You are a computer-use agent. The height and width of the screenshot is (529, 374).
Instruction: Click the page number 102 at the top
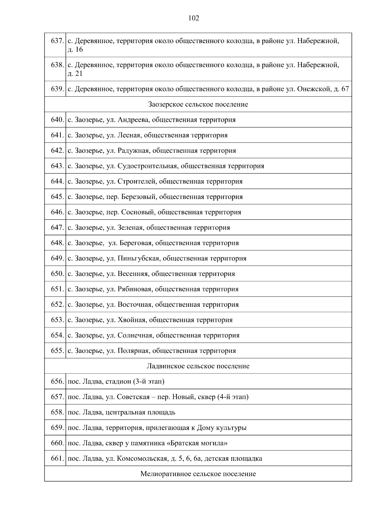pos(194,18)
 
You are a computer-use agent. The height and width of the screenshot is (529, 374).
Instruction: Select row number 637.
pos(57,41)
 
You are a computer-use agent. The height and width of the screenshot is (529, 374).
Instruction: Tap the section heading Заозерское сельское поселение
pos(198,104)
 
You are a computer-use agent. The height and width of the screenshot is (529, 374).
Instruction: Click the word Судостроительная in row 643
pos(147,166)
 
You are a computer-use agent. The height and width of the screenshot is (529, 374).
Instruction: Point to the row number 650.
pos(57,274)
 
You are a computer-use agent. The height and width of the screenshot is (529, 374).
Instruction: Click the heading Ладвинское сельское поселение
pos(198,366)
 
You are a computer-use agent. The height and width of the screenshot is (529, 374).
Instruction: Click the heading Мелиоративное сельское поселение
pos(198,474)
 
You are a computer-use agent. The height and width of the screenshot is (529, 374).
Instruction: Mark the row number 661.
pos(57,459)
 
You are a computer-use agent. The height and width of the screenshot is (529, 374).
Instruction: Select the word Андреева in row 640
pos(133,120)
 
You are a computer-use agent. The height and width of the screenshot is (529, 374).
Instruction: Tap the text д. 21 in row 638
pos(75,74)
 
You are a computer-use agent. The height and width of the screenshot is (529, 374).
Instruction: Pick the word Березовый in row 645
pos(138,197)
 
